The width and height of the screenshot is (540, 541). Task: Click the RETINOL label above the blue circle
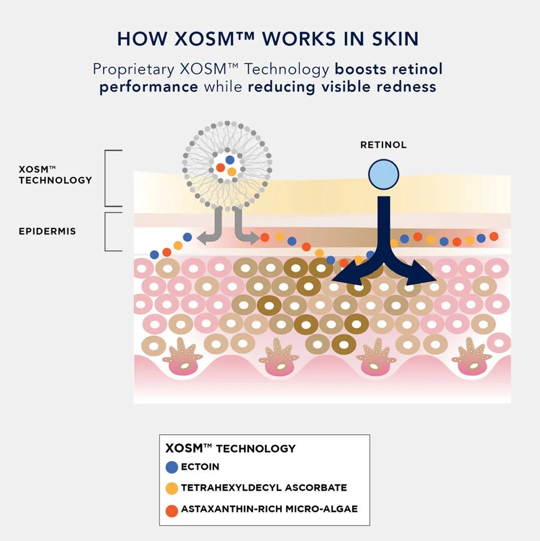[383, 145]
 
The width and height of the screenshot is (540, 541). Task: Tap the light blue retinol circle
[384, 175]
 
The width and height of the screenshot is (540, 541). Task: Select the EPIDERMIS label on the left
[47, 231]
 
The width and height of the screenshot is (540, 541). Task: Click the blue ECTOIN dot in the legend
[171, 467]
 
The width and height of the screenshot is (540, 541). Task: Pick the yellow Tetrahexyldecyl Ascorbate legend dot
[171, 488]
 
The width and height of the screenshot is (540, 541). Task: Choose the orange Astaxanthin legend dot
[171, 510]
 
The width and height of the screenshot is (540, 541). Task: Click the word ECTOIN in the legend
[200, 467]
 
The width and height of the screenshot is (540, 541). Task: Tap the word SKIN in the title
[395, 39]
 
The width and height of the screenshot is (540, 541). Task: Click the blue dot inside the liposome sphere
[230, 160]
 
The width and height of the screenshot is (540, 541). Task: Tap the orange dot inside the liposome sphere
[221, 168]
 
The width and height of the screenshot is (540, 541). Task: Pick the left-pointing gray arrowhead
[204, 238]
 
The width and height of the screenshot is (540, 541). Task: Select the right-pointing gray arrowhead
[254, 238]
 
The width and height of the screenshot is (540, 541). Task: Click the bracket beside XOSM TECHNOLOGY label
[106, 178]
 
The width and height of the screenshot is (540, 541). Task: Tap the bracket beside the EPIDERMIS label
[106, 232]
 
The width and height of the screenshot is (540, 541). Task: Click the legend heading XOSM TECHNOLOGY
[231, 448]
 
